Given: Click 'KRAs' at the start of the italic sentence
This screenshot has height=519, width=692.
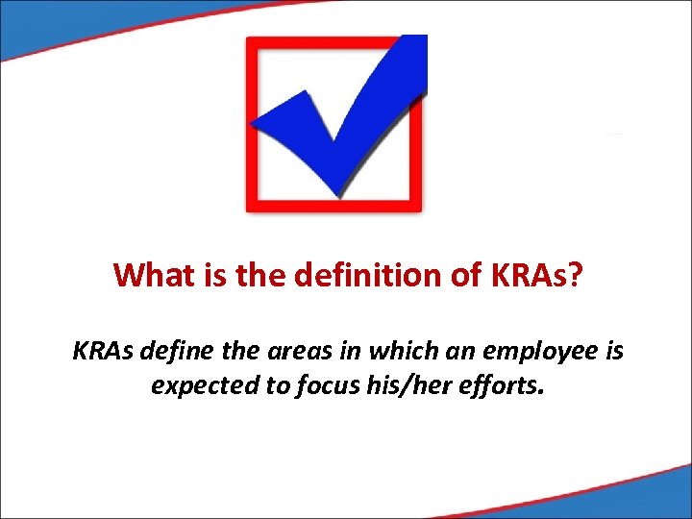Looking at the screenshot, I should [x=102, y=352].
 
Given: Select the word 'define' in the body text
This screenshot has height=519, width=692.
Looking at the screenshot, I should [x=170, y=352].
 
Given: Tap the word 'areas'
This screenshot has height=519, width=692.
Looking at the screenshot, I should [x=287, y=352].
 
